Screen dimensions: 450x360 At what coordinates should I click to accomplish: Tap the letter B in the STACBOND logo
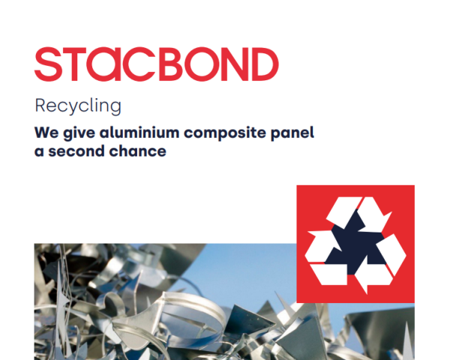pyautogui.click(x=171, y=64)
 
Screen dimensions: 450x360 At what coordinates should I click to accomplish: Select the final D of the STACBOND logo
pyautogui.click(x=265, y=64)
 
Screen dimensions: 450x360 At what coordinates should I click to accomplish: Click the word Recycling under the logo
pyautogui.click(x=78, y=106)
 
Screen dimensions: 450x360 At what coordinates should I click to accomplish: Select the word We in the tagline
pyautogui.click(x=46, y=133)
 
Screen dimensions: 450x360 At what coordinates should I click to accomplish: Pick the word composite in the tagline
pyautogui.click(x=225, y=133)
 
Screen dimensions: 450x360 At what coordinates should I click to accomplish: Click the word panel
pyautogui.click(x=292, y=133)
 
